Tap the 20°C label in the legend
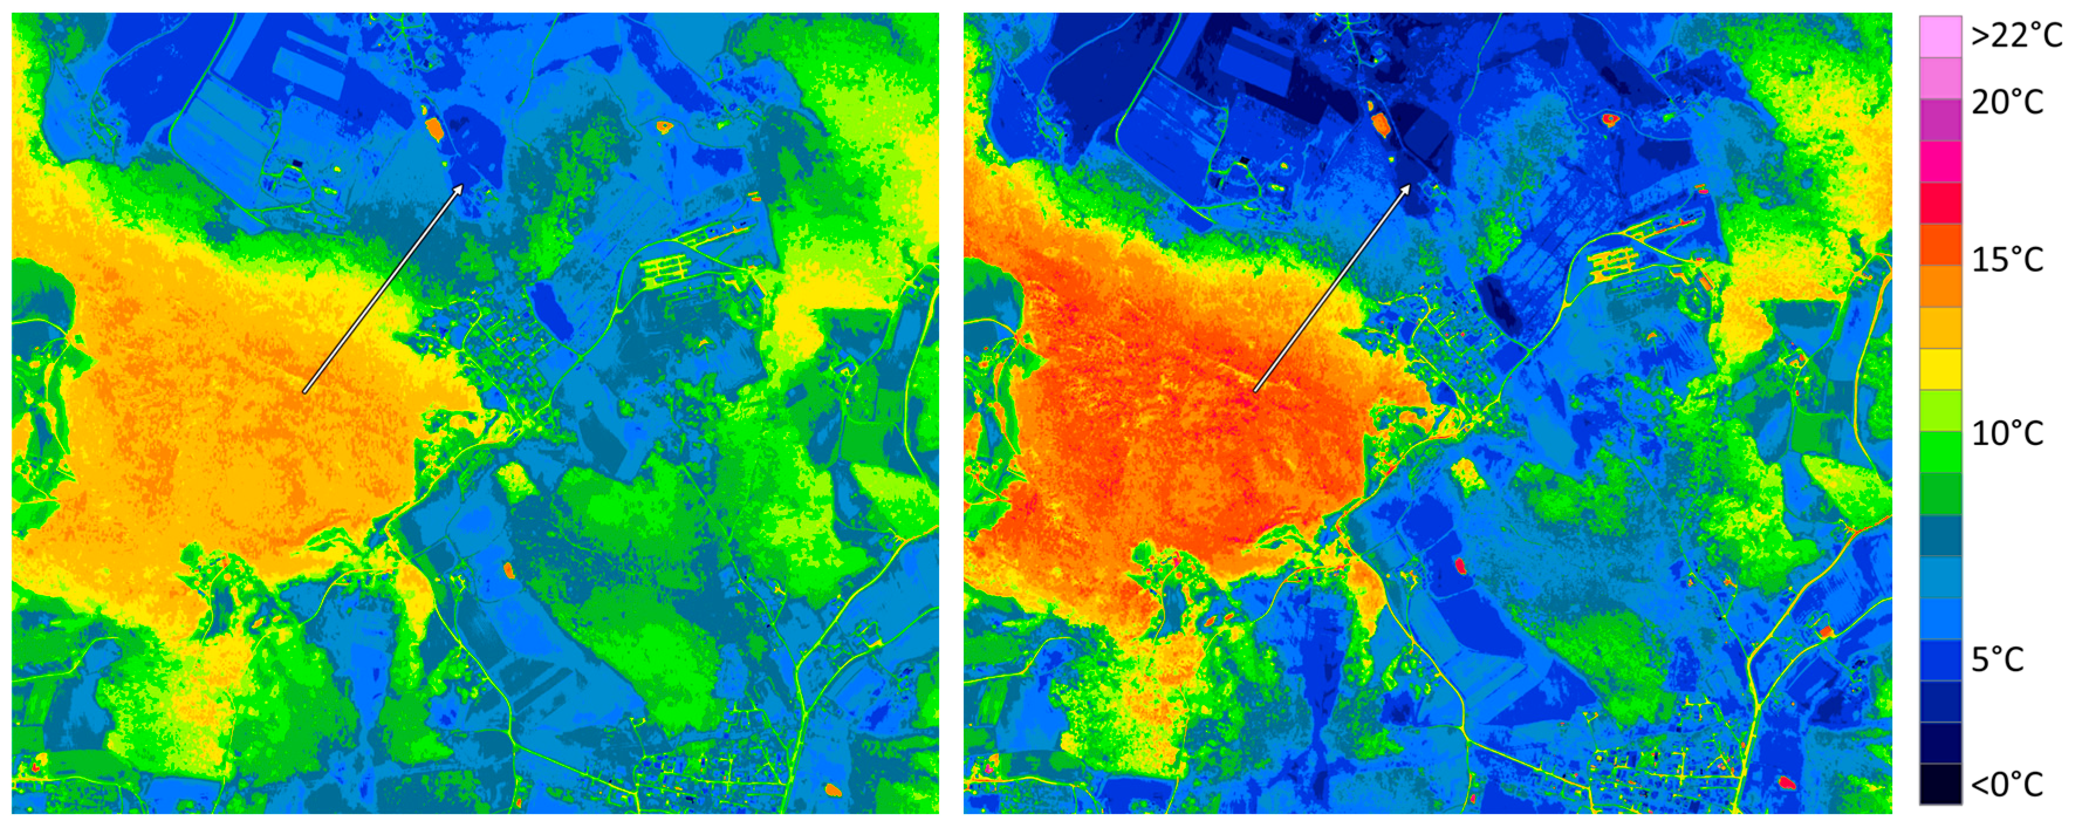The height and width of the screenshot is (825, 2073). pyautogui.click(x=2007, y=102)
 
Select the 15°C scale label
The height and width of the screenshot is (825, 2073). pyautogui.click(x=2007, y=260)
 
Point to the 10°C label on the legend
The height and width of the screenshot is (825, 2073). pyautogui.click(x=2007, y=434)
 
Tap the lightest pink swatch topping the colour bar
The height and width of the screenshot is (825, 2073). pyautogui.click(x=1940, y=36)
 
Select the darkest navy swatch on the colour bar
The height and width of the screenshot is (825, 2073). pyautogui.click(x=1940, y=783)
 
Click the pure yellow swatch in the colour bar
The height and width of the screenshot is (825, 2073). pyautogui.click(x=1940, y=369)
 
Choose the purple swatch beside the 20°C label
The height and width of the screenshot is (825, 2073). pyautogui.click(x=1940, y=120)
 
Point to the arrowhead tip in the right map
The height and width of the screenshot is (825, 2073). pyautogui.click(x=1411, y=185)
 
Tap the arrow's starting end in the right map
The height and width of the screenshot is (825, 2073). pyautogui.click(x=1254, y=391)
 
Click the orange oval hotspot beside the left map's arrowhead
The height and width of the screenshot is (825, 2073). pyautogui.click(x=434, y=128)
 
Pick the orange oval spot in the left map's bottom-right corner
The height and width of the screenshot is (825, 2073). pyautogui.click(x=834, y=790)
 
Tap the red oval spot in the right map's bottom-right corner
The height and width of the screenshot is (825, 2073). pyautogui.click(x=1787, y=782)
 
